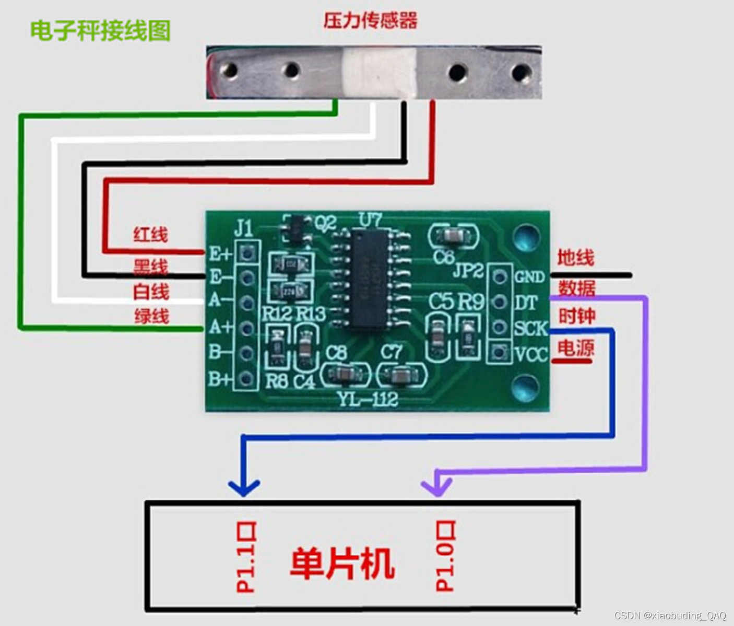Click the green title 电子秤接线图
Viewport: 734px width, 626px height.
click(x=100, y=30)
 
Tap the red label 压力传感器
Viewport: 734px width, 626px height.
click(x=370, y=21)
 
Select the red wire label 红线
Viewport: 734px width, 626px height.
click(x=151, y=235)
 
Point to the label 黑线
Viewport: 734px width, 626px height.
click(x=151, y=266)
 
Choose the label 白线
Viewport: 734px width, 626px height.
click(x=151, y=292)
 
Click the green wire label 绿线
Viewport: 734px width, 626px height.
click(x=151, y=316)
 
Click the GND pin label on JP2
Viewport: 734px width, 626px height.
click(x=529, y=276)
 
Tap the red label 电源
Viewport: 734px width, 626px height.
click(x=575, y=348)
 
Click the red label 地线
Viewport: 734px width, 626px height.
click(x=575, y=258)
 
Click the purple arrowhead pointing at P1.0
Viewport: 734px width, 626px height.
click(x=437, y=486)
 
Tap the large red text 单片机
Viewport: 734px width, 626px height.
click(x=342, y=563)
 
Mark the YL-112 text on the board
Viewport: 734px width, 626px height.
click(x=368, y=399)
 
